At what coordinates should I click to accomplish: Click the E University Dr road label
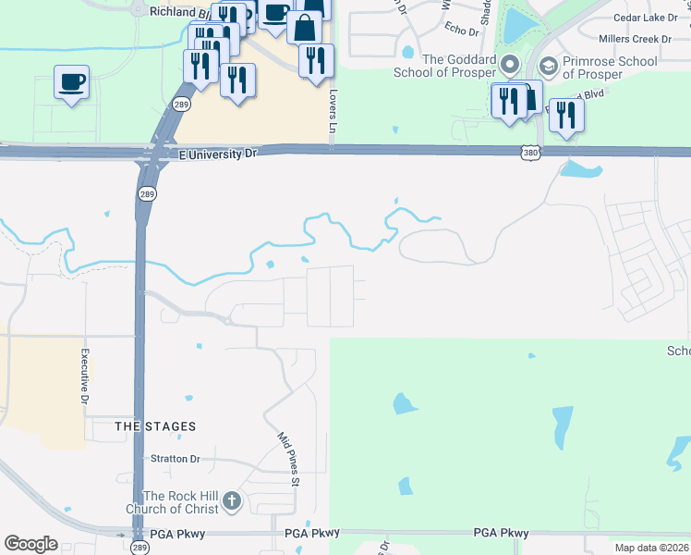[x=217, y=154]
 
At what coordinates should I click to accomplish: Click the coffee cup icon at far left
[x=72, y=82]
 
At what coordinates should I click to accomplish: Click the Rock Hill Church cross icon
[x=231, y=501]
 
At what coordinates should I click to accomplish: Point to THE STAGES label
[x=155, y=426]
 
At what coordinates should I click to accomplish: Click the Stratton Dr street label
[x=176, y=459]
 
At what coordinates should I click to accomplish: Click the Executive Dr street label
[x=83, y=376]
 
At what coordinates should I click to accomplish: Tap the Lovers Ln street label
[x=330, y=109]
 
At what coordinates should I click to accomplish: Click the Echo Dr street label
[x=462, y=31]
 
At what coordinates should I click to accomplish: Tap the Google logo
[x=30, y=544]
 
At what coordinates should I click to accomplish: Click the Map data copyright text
[x=651, y=548]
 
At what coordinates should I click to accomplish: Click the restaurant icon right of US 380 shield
[x=565, y=115]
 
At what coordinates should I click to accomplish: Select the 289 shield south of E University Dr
[x=147, y=194]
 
